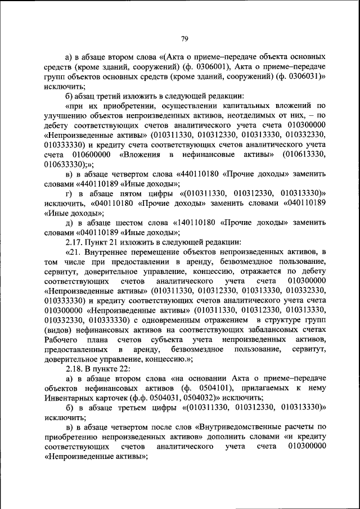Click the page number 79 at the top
[x=184, y=39]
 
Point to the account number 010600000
[x=86, y=154]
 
